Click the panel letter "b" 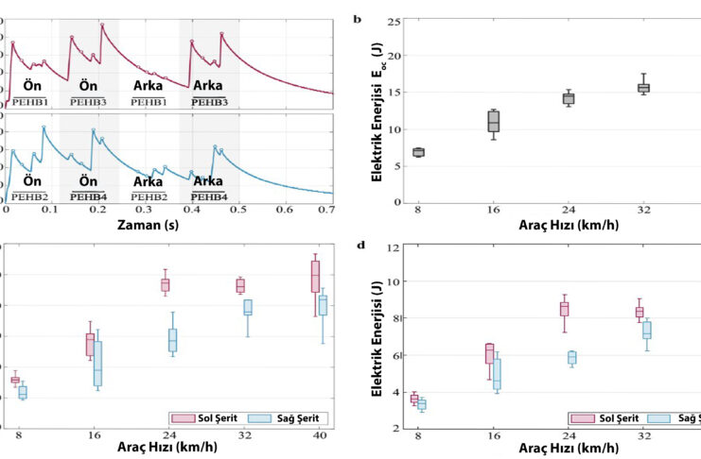355,19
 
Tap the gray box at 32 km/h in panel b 643,88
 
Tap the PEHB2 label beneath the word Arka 149,196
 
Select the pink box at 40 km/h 315,277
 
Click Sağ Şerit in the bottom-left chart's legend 278,417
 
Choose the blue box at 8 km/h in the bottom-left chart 23,392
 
